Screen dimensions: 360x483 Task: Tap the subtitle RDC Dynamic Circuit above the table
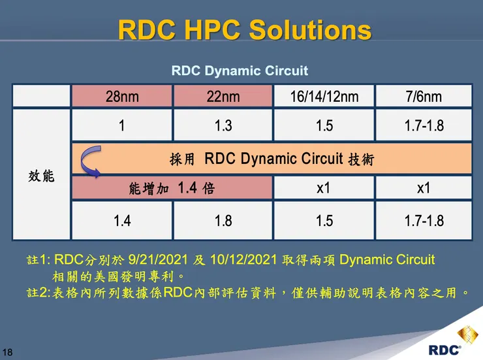[240, 71]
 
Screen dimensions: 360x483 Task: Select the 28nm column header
[122, 97]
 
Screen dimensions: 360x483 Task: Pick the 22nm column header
[223, 97]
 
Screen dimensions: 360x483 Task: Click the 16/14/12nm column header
[324, 97]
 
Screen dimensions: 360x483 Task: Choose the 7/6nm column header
[424, 97]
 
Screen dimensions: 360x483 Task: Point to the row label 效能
[41, 176]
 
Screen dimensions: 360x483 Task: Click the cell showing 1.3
[223, 125]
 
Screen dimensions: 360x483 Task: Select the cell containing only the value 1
[122, 125]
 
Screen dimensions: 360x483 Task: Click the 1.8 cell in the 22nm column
[223, 221]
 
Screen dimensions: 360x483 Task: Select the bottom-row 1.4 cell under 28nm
[122, 221]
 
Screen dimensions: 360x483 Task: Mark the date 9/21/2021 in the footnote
[162, 260]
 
